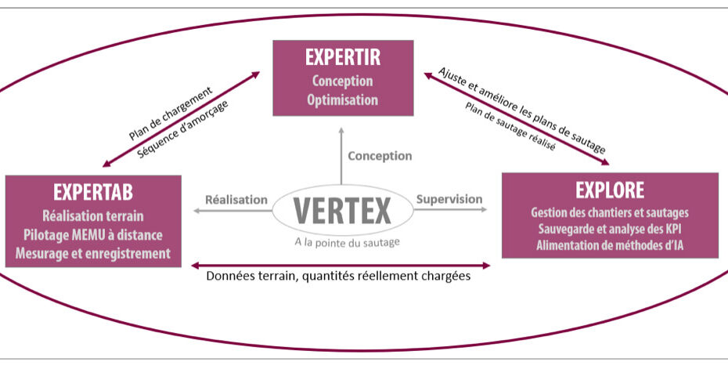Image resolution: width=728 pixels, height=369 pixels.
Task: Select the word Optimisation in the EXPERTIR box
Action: [342, 99]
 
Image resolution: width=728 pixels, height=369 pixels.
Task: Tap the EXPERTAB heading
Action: [93, 193]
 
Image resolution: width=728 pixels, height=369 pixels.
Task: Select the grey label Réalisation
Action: [236, 200]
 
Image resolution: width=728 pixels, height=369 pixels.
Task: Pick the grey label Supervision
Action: [449, 199]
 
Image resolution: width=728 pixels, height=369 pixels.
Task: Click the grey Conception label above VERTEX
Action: [380, 156]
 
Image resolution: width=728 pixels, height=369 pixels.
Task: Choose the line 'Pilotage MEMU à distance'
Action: [93, 234]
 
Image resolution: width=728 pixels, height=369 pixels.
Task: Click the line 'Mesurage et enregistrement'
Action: [93, 253]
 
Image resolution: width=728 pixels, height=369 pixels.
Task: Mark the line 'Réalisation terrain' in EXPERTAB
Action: [93, 215]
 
